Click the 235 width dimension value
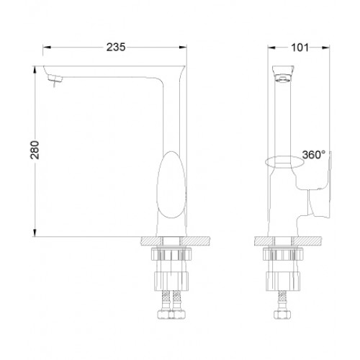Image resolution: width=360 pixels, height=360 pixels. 116,47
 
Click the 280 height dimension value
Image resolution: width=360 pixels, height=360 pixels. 35,150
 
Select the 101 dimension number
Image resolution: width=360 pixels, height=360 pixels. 300,48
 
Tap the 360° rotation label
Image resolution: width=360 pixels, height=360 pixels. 314,155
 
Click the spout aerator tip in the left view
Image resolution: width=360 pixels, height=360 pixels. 55,78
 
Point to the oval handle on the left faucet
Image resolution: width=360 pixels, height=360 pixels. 171,185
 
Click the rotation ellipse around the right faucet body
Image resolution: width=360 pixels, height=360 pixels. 284,163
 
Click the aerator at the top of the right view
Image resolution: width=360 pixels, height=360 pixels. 283,78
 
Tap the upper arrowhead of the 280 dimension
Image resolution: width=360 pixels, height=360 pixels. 35,69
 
